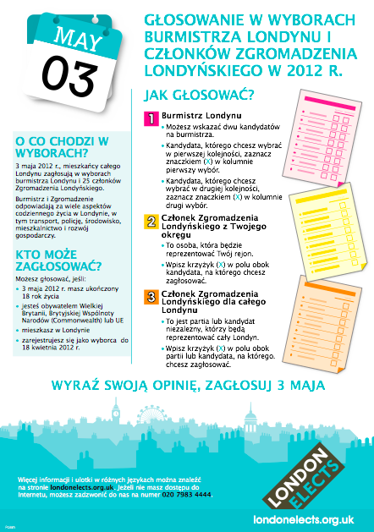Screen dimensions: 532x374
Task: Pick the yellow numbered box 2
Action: point(150,222)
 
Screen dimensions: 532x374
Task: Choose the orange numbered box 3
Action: point(150,296)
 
